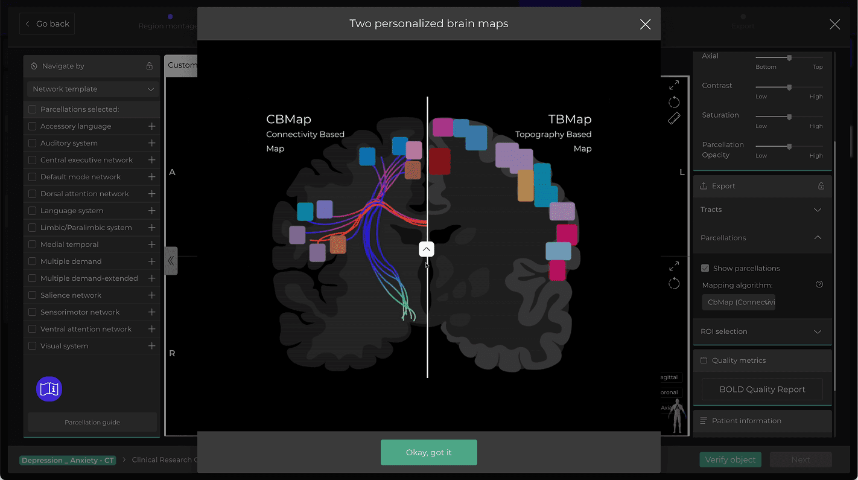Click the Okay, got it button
(428, 452)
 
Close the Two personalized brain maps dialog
(645, 24)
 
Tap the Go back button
(47, 24)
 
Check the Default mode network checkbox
(33, 177)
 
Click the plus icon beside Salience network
(151, 295)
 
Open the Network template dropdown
(93, 89)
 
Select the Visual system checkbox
(33, 346)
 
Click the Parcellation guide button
(92, 422)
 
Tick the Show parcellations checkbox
(705, 268)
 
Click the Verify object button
(730, 459)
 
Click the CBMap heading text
(288, 119)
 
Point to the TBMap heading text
(570, 119)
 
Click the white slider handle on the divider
(427, 249)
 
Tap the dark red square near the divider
(440, 161)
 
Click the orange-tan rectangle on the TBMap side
(526, 185)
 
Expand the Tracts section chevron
(818, 210)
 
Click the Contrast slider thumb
(789, 87)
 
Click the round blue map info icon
(49, 389)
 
